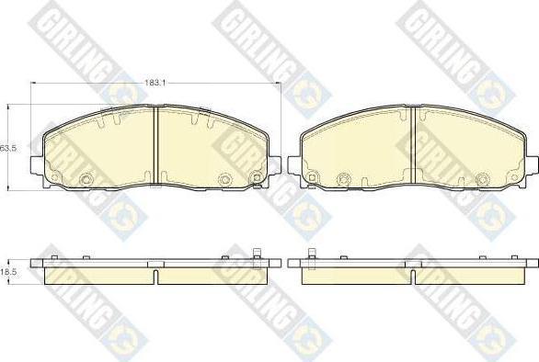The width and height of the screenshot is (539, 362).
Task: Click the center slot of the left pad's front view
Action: [155, 145]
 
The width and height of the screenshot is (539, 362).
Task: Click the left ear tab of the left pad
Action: [37, 164]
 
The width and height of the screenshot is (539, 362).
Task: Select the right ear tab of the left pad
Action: [274, 164]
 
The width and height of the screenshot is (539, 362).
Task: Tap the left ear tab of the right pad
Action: [294, 164]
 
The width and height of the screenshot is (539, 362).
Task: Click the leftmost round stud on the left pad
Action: [54, 177]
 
